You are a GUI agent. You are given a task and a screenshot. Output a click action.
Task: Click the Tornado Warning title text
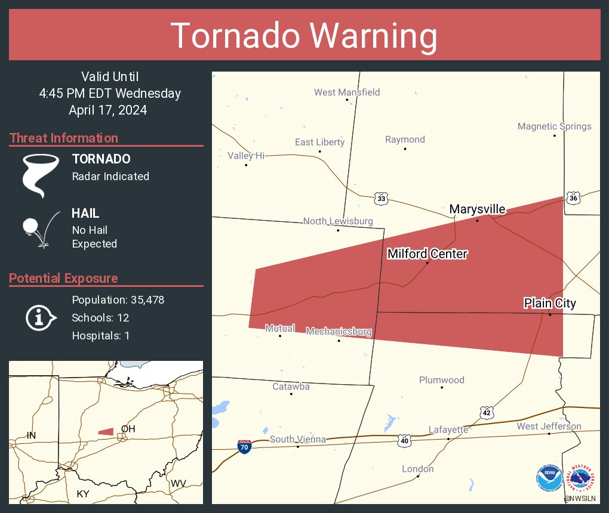304,36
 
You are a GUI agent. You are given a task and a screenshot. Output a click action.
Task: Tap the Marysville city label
477,209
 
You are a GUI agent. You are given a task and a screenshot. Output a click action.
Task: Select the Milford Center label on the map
427,254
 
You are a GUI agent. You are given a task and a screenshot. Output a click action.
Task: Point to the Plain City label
550,303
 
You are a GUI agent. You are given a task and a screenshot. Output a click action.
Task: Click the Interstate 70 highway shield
244,446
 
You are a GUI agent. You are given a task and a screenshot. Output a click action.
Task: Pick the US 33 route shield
381,198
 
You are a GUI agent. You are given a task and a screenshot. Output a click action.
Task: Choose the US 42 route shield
487,413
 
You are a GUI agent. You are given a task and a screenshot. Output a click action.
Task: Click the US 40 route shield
405,440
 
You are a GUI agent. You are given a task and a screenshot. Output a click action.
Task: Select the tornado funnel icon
41,175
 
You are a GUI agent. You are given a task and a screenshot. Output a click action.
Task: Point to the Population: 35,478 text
118,299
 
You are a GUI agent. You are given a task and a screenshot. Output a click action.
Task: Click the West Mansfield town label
347,92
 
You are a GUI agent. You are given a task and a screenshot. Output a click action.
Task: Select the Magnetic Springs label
554,126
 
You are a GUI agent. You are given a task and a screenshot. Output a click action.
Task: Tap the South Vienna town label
297,440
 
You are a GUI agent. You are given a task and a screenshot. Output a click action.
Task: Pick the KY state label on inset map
82,494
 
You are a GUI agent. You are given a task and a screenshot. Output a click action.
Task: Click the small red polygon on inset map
106,431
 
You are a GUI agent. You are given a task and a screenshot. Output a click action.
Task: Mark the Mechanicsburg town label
339,332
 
